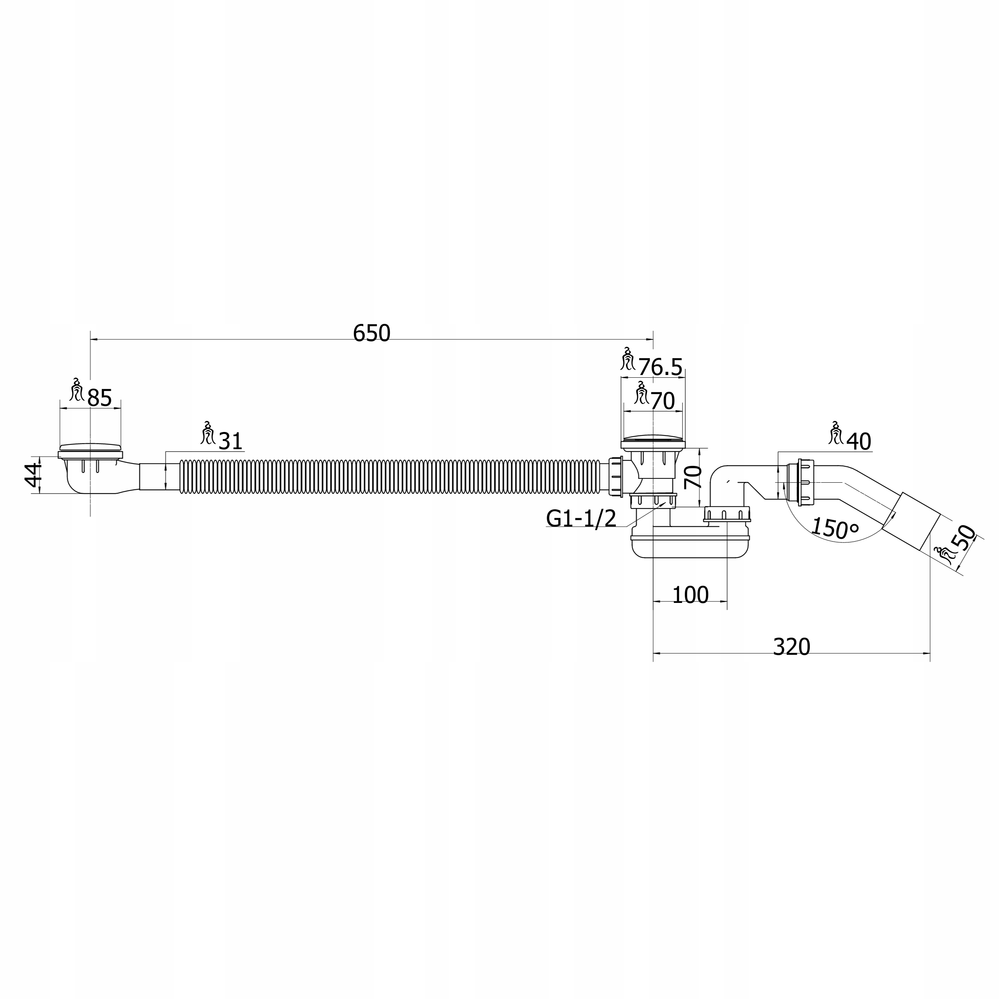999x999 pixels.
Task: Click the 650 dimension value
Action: click(371, 334)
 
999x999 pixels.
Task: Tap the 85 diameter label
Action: click(99, 398)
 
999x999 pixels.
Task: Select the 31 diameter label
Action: click(230, 441)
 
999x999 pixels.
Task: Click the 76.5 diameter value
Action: click(660, 367)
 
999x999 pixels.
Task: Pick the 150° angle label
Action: click(834, 528)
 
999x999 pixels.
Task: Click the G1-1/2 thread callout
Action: click(581, 518)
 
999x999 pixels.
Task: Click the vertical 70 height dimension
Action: click(693, 477)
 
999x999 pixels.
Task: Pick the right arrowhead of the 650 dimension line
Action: click(650, 339)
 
